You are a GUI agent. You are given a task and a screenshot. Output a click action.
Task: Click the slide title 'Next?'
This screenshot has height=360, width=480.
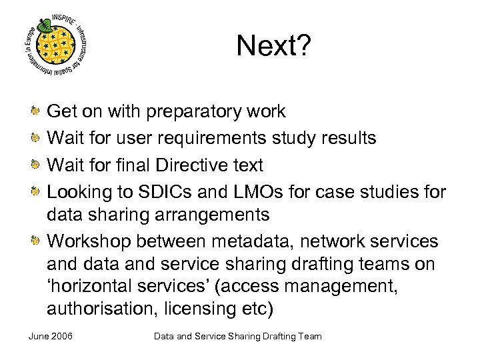[x=273, y=47]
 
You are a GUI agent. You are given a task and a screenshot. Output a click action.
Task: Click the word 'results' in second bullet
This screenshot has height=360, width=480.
[x=348, y=138]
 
